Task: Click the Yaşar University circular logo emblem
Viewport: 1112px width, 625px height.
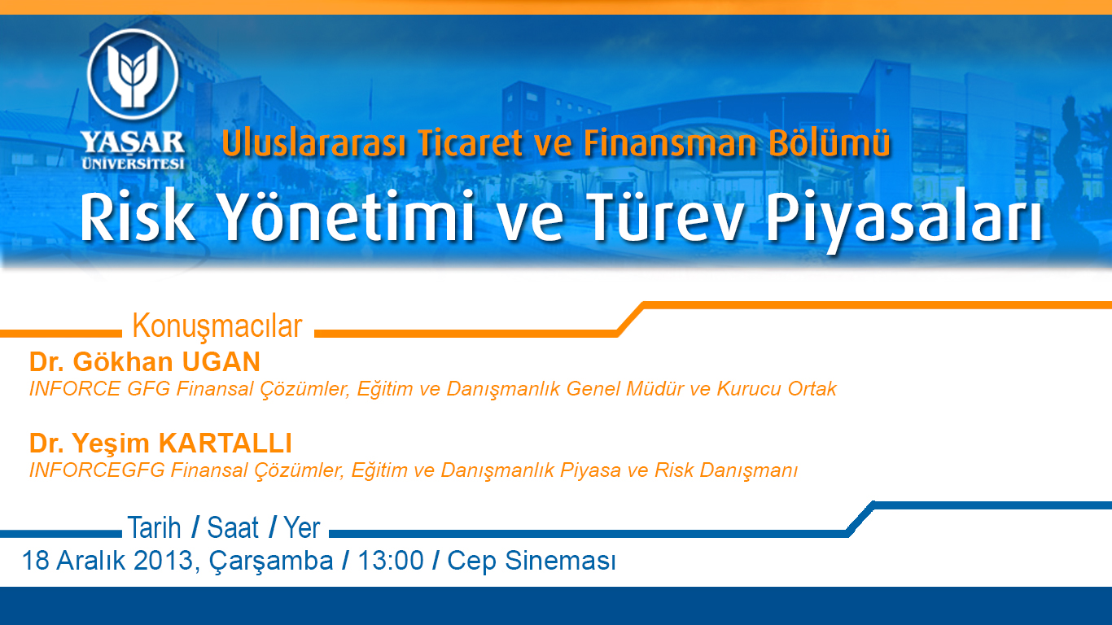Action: [x=133, y=74]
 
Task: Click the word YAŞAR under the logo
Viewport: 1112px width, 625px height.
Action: [x=133, y=142]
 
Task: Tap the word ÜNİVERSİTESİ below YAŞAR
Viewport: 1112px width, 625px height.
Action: [x=133, y=164]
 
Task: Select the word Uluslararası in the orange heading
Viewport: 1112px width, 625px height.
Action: [x=313, y=143]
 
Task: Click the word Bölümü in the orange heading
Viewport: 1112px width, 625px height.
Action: [x=829, y=143]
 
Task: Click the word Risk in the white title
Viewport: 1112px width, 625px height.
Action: [x=137, y=217]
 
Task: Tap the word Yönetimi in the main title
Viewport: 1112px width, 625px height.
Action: [x=347, y=217]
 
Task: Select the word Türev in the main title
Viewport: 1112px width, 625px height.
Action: [x=665, y=217]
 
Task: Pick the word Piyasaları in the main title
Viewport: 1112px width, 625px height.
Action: [x=904, y=221]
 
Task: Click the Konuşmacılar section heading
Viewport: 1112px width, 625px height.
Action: [x=217, y=326]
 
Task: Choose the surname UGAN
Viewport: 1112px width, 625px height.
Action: [x=221, y=362]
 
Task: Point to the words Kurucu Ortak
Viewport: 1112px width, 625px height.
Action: [x=777, y=389]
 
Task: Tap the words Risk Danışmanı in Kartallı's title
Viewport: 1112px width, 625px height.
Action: [x=726, y=470]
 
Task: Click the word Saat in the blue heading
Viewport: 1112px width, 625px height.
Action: [x=233, y=527]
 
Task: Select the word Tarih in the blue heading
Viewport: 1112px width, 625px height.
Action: [x=155, y=527]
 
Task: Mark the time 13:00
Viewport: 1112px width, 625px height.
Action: [x=391, y=561]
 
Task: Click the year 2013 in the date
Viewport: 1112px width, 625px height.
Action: [x=164, y=561]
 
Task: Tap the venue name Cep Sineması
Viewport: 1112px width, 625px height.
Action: [x=532, y=561]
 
